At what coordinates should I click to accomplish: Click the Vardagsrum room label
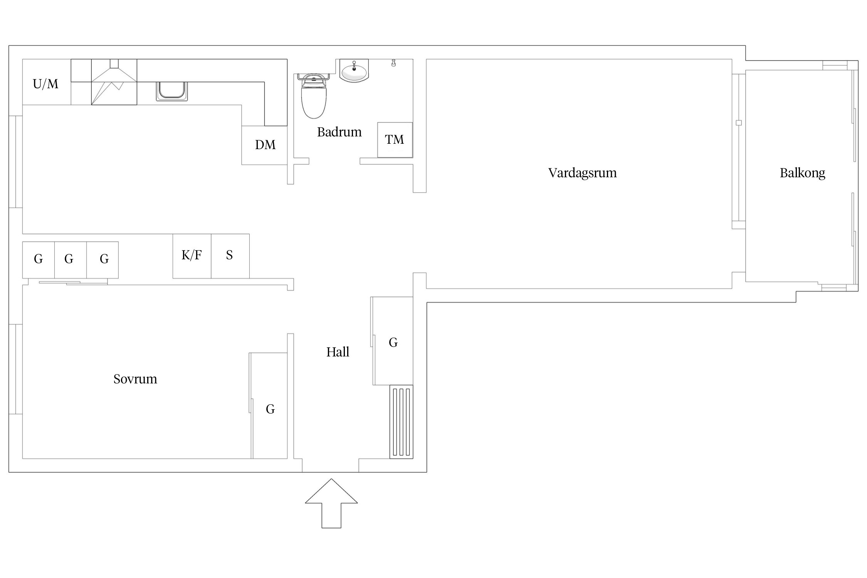(582, 173)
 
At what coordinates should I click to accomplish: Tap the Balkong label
(802, 173)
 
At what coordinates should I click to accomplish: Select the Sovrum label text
(135, 379)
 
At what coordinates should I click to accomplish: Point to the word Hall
(338, 352)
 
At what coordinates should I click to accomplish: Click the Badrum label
(339, 132)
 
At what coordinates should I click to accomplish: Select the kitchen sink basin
(172, 91)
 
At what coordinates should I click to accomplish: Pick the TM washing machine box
(395, 140)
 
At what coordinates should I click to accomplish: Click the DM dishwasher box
(265, 145)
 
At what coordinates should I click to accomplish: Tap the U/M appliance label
(45, 84)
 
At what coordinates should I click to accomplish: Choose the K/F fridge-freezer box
(192, 256)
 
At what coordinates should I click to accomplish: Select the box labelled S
(230, 256)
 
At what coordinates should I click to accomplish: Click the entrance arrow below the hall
(331, 503)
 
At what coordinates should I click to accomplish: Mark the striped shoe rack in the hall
(401, 422)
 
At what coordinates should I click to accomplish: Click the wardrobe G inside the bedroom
(269, 405)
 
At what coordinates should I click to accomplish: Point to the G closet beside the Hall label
(392, 341)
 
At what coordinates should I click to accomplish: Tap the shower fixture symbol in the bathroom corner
(393, 63)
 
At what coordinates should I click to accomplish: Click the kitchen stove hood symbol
(114, 82)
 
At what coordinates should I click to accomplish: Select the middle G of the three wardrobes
(71, 260)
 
